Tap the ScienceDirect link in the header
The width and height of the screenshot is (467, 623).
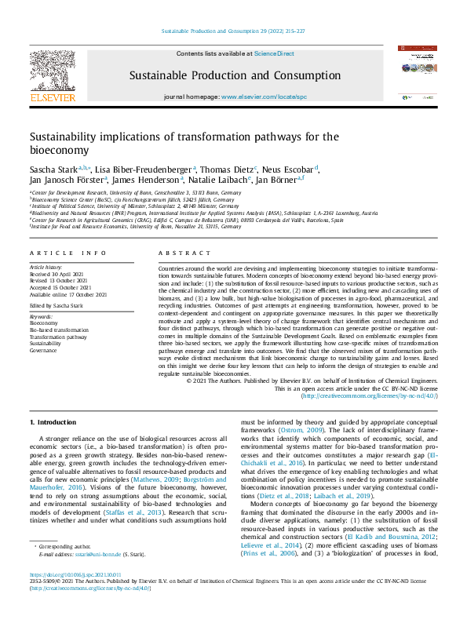(274, 53)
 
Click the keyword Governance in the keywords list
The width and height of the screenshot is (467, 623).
(45, 352)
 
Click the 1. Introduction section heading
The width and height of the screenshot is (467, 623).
(53, 422)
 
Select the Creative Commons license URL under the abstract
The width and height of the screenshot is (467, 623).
(370, 396)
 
